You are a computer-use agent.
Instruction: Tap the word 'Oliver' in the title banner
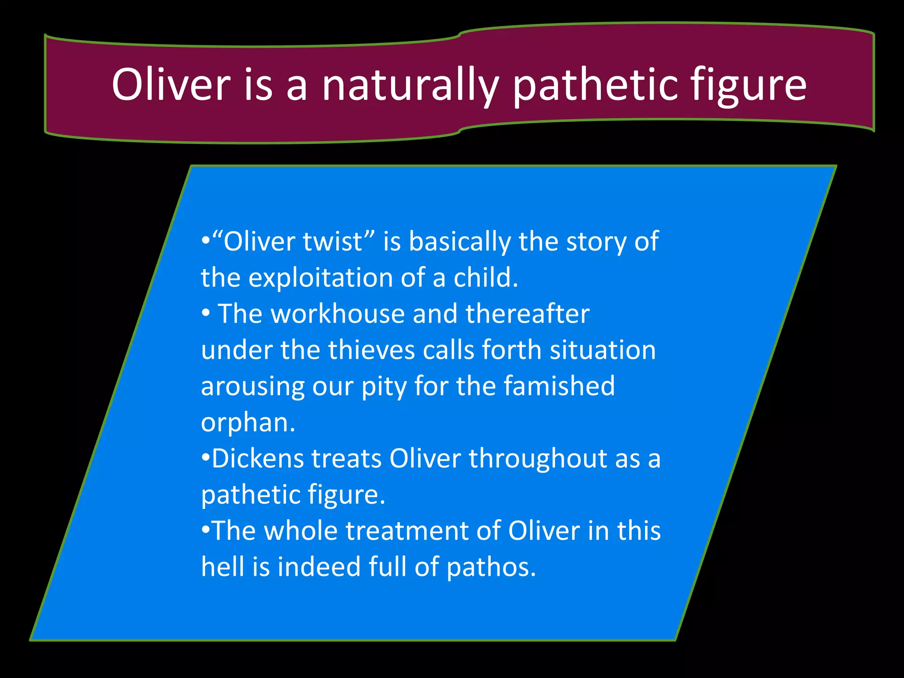(171, 85)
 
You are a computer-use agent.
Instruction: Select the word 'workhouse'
(338, 314)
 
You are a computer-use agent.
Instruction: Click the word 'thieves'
(372, 350)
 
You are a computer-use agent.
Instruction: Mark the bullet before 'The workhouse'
(206, 314)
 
